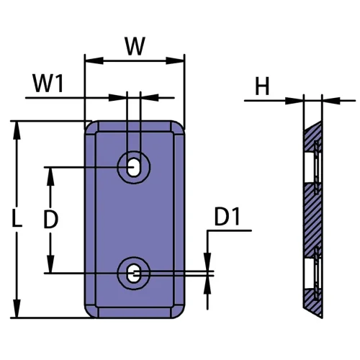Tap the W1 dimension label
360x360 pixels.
[49, 84]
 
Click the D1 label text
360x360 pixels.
[230, 216]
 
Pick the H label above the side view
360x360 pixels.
[261, 87]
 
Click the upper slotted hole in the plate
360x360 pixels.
[135, 167]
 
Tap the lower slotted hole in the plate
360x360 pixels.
[135, 273]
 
